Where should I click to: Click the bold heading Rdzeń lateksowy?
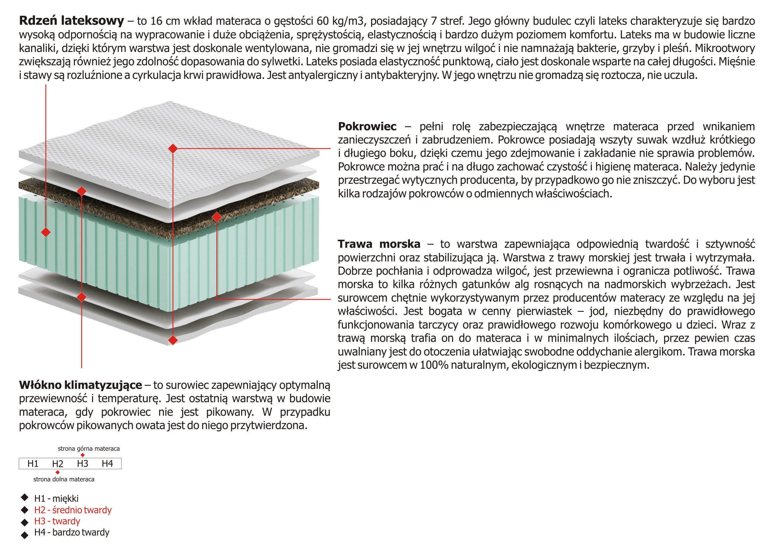pos(71,21)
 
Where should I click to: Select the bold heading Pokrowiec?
pos(367,126)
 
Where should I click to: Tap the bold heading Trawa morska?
pos(379,244)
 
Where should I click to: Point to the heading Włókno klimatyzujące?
pos(80,385)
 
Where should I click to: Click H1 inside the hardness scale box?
pos(33,463)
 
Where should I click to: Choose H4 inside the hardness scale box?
pos(107,463)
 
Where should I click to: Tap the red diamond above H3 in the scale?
pos(83,455)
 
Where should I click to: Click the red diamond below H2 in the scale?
pos(58,472)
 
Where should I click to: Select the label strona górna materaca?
pos(89,449)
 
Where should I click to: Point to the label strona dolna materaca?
pos(64,479)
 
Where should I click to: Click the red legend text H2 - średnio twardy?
pos(73,510)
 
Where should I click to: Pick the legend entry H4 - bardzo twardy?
pos(72,532)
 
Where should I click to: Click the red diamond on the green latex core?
pos(46,232)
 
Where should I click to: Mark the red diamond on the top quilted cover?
pos(173,148)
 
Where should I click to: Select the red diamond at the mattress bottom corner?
pos(173,340)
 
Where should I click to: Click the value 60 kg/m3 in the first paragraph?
pos(341,21)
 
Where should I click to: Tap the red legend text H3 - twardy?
pos(57,521)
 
